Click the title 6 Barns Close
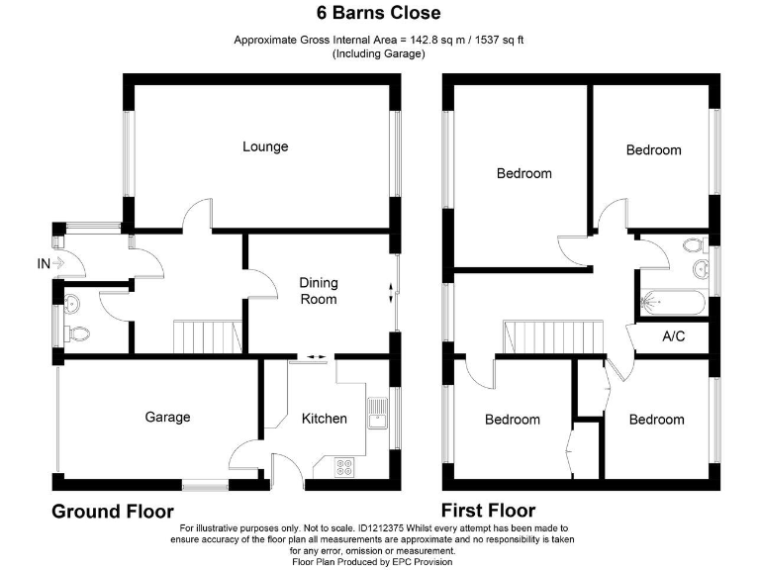point(379,14)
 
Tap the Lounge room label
point(265,146)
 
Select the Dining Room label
point(319,291)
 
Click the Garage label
point(167,417)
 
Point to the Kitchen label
point(325,418)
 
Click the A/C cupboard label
point(673,337)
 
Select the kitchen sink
point(376,413)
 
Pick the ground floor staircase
point(208,336)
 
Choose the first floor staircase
point(539,336)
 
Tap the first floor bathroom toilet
point(692,244)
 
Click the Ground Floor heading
point(113,511)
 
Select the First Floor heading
point(489,511)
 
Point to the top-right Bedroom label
point(653,149)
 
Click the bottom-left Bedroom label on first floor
point(513,420)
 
